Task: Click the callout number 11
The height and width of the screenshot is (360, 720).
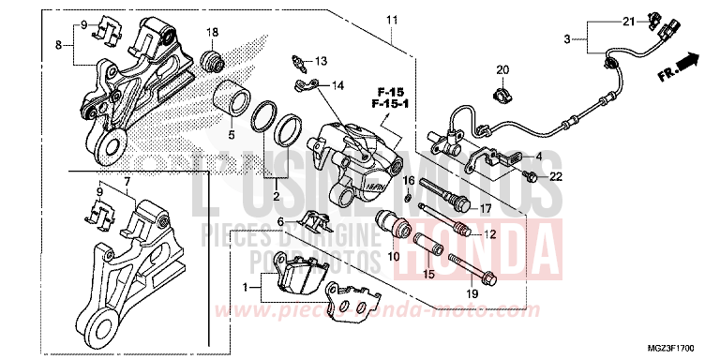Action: pos(392,20)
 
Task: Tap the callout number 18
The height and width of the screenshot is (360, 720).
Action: pos(212,33)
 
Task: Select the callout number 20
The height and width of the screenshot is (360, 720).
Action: pos(502,70)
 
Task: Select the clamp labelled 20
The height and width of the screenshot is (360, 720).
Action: pos(498,94)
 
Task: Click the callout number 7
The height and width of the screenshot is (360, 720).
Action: pos(128,179)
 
